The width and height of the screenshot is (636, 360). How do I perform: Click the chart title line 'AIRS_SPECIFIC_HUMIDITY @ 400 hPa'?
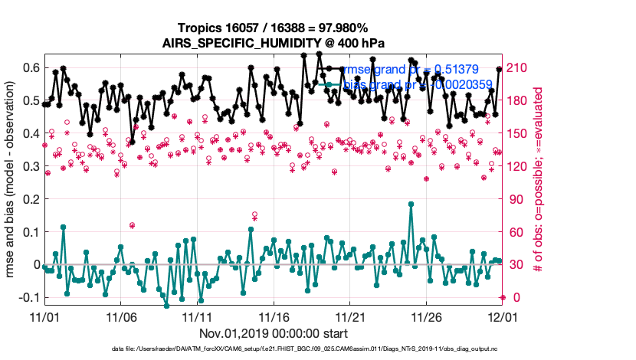tap(273, 43)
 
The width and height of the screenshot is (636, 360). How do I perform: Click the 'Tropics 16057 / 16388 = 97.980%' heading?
tap(273, 28)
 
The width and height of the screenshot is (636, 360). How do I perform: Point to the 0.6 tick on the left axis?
tap(30, 67)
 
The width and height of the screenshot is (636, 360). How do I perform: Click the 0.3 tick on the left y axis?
tap(30, 166)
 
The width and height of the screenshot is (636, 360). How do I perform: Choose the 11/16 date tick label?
tap(273, 316)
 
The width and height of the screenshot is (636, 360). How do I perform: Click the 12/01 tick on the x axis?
tap(501, 316)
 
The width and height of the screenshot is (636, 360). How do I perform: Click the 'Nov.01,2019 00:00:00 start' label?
tap(273, 333)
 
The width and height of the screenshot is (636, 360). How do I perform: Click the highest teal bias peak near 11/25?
tap(411, 204)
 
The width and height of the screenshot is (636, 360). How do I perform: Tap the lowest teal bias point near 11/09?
tap(166, 306)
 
